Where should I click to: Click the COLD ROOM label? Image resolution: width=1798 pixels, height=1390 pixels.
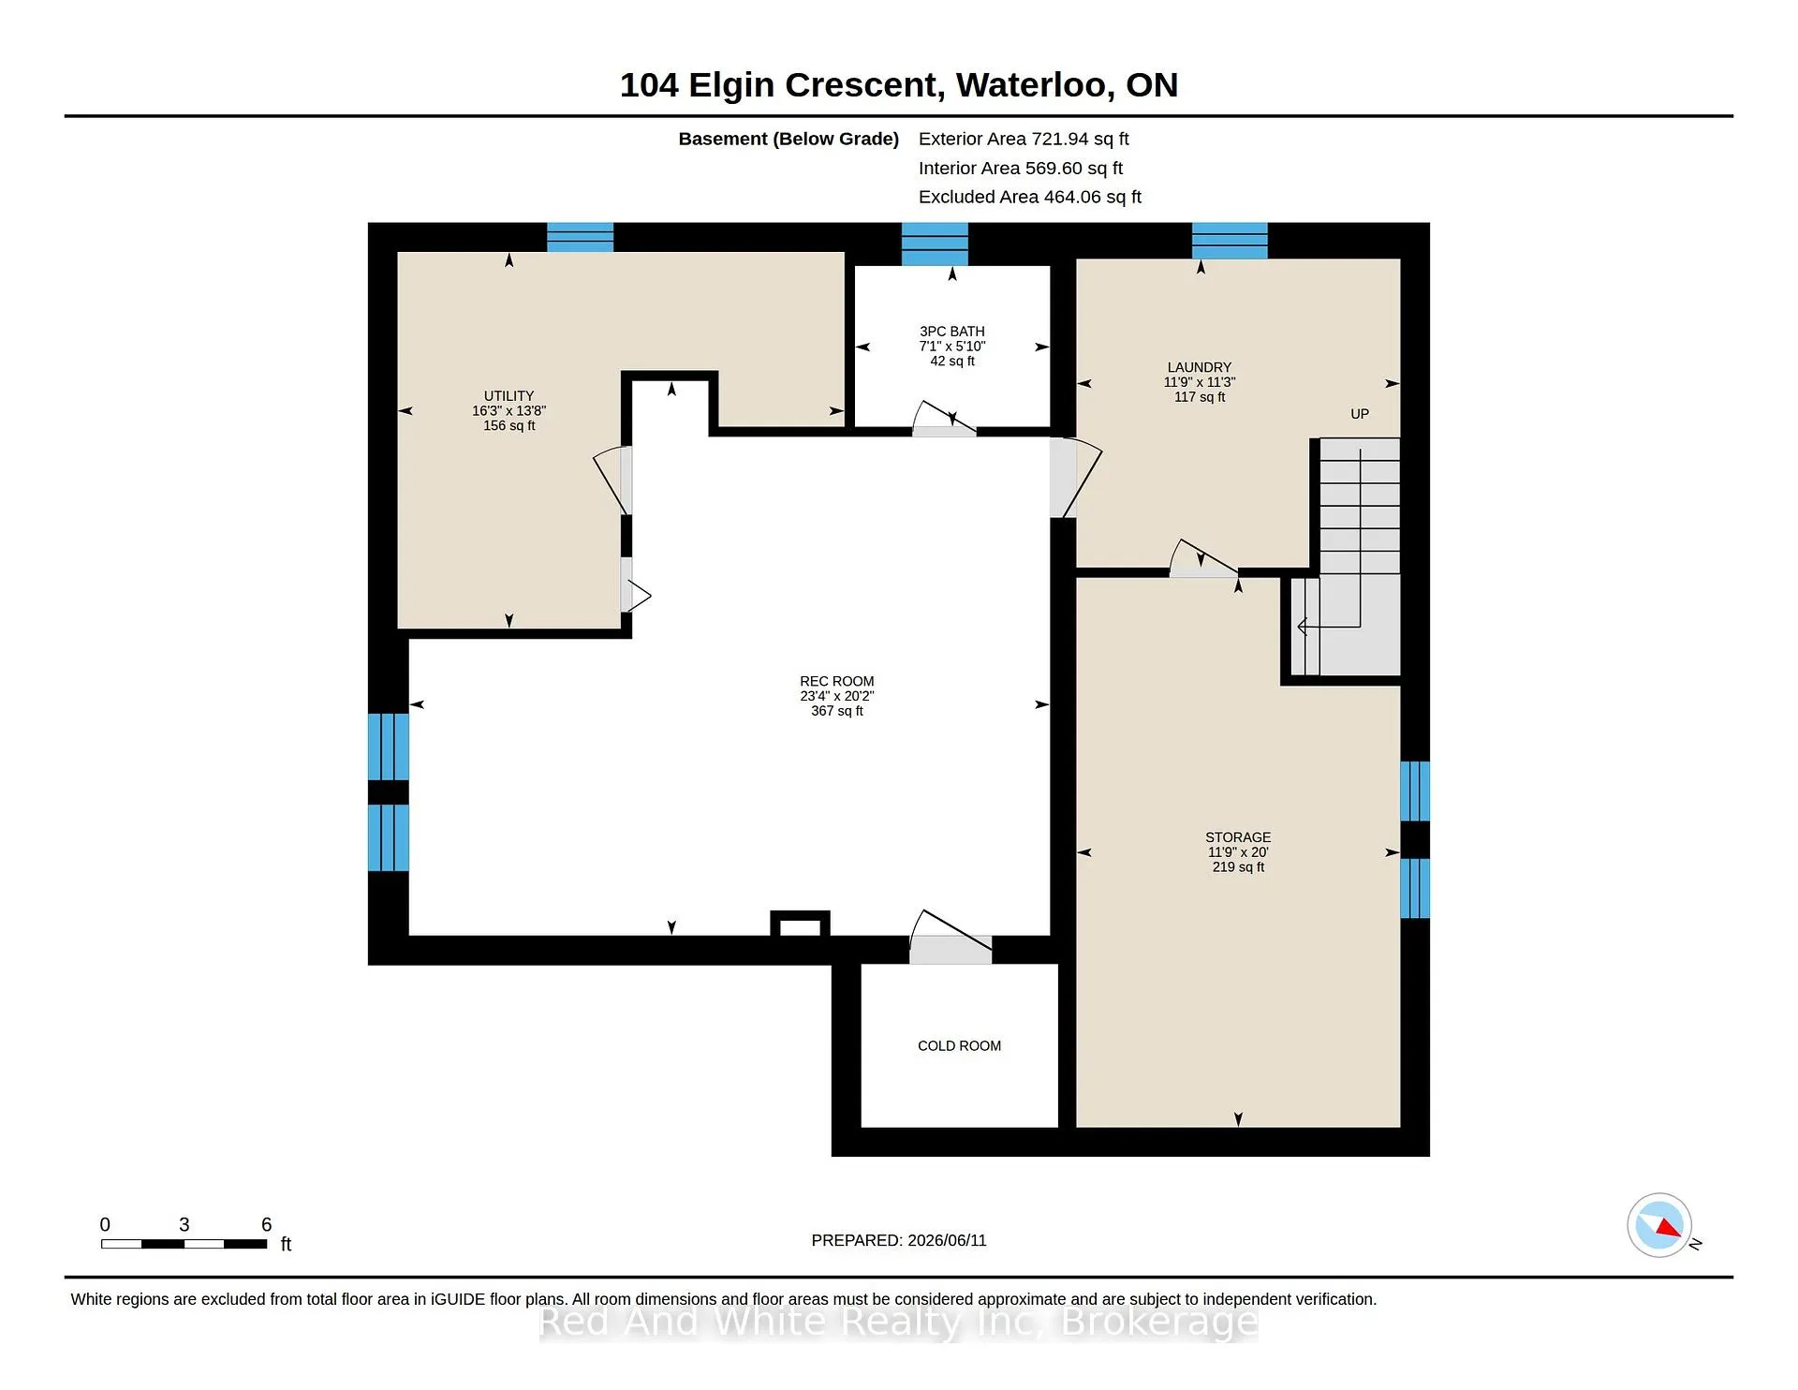[959, 1045]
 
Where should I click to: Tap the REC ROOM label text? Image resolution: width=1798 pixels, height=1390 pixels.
[836, 682]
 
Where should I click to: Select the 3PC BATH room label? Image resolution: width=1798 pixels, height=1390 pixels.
[951, 332]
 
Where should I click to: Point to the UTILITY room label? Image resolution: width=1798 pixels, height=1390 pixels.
[508, 396]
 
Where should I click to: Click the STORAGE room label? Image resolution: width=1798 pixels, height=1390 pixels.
[1238, 837]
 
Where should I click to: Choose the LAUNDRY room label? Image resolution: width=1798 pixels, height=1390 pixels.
[1200, 367]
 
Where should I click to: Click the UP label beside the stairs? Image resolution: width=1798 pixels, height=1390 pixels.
[1360, 414]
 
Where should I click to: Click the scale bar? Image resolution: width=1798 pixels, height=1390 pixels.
[184, 1244]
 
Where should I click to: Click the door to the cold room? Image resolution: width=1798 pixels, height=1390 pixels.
[951, 938]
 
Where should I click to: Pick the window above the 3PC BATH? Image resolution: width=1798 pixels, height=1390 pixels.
[935, 244]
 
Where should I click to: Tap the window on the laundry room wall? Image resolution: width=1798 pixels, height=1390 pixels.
[1230, 241]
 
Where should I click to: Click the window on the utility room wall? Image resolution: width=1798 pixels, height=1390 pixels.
[581, 237]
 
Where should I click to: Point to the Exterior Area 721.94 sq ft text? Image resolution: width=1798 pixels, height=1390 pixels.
[1024, 139]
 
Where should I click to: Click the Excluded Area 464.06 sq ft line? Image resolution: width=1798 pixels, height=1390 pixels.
[1030, 197]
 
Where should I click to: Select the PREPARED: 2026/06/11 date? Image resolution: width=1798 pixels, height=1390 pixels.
[899, 1240]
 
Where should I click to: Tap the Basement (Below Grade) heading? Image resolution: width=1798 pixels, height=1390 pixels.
[788, 139]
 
